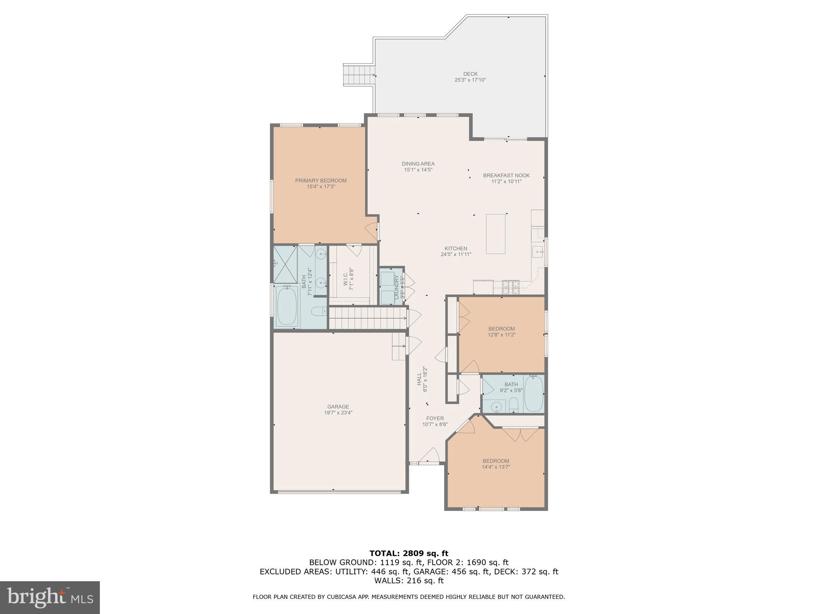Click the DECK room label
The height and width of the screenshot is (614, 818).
[470, 74]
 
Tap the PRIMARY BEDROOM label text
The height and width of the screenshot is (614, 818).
[321, 181]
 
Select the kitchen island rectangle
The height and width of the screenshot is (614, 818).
[495, 234]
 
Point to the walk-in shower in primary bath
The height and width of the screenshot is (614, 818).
[286, 264]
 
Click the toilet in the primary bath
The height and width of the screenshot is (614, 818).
[319, 311]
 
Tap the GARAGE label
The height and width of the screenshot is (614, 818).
[338, 407]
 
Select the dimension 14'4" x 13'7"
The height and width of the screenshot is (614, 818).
[496, 467]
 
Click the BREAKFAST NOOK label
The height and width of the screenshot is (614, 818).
[506, 175]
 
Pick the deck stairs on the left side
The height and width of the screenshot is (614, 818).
[358, 75]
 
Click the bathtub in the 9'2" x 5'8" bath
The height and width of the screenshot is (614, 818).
[534, 394]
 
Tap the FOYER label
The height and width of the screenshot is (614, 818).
[435, 419]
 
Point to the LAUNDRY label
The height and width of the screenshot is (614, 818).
[397, 287]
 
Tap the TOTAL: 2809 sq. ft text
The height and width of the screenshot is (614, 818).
[409, 554]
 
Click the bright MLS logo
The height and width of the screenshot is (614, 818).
[50, 598]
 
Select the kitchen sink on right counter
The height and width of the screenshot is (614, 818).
[538, 252]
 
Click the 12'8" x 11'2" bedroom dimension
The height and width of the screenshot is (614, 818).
[501, 335]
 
